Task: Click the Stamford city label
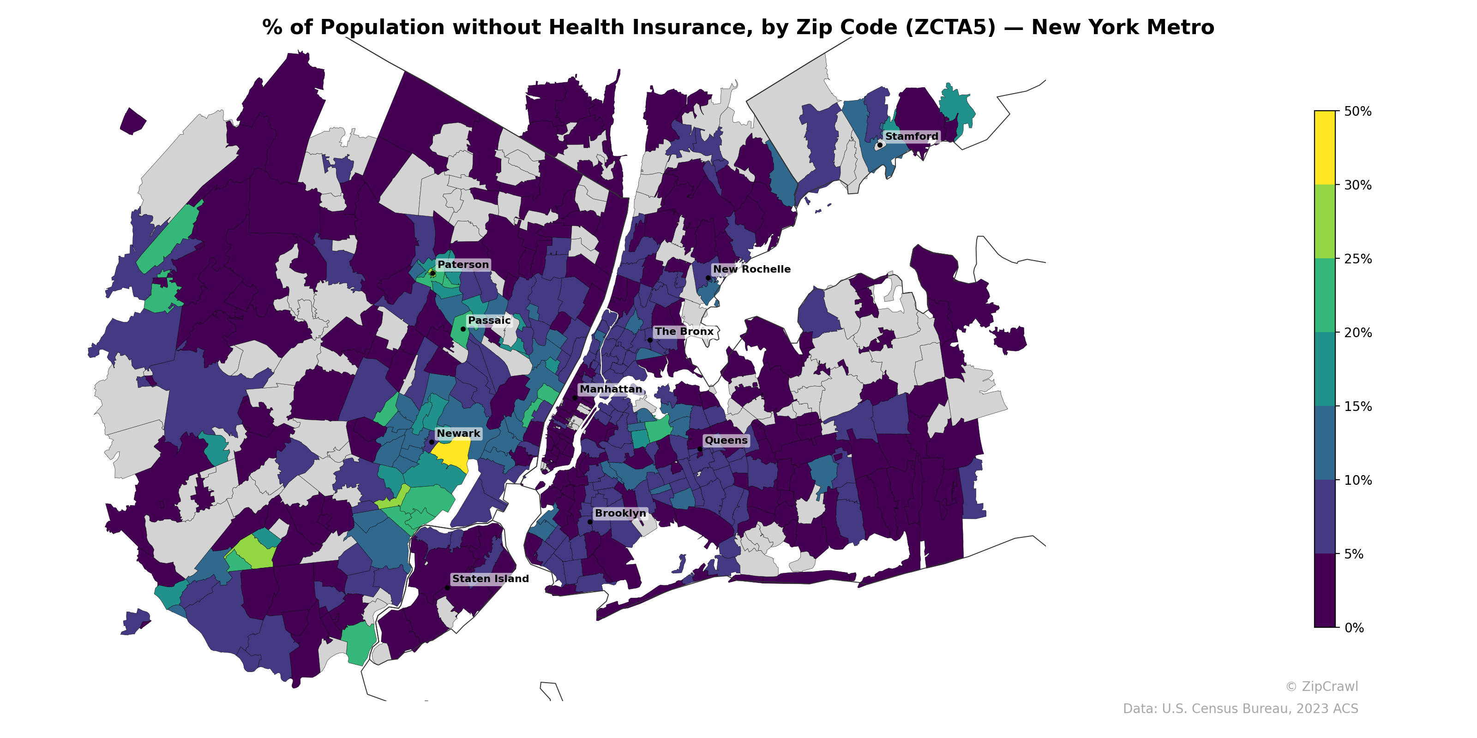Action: (911, 137)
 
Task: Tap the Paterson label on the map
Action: (462, 265)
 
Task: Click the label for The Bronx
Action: (684, 332)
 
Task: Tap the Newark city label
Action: (458, 434)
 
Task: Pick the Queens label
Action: (726, 440)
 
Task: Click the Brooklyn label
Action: (620, 513)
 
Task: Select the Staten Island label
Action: (490, 579)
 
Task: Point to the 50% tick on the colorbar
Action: (1357, 111)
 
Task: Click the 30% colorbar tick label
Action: (1357, 185)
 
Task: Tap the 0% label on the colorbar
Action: (1354, 628)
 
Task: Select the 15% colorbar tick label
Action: (1357, 407)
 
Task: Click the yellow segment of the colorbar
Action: (1325, 147)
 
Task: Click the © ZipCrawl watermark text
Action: (1321, 686)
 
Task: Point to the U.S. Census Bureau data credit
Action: (1240, 709)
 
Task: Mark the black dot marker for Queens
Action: (700, 449)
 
